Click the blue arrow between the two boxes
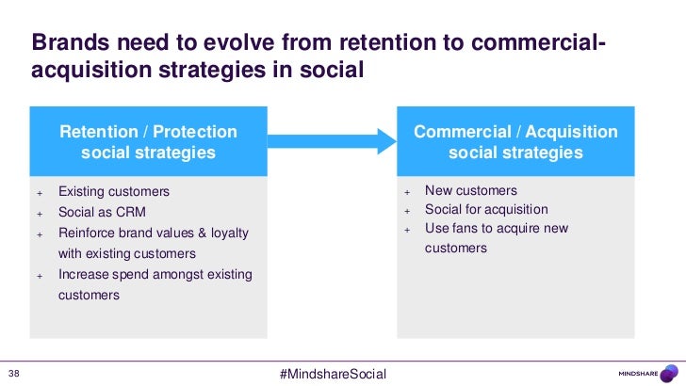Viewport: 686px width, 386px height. (x=332, y=140)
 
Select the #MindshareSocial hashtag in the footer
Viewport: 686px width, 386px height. (x=334, y=374)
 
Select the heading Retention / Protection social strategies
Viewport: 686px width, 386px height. (x=148, y=141)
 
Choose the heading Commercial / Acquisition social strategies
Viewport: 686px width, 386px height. (x=515, y=141)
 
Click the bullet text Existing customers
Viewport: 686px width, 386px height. (x=114, y=191)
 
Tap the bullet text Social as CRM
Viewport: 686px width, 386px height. (x=102, y=212)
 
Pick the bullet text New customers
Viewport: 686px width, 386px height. (x=471, y=190)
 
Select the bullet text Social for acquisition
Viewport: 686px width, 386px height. (x=486, y=209)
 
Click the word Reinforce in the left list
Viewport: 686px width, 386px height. (x=90, y=233)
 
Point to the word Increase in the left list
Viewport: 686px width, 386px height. (x=86, y=274)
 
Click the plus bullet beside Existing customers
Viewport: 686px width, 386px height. (x=40, y=192)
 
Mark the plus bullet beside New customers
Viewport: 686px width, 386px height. (x=407, y=191)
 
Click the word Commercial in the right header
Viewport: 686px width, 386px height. (x=458, y=131)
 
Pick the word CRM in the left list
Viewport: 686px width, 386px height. (x=131, y=212)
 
